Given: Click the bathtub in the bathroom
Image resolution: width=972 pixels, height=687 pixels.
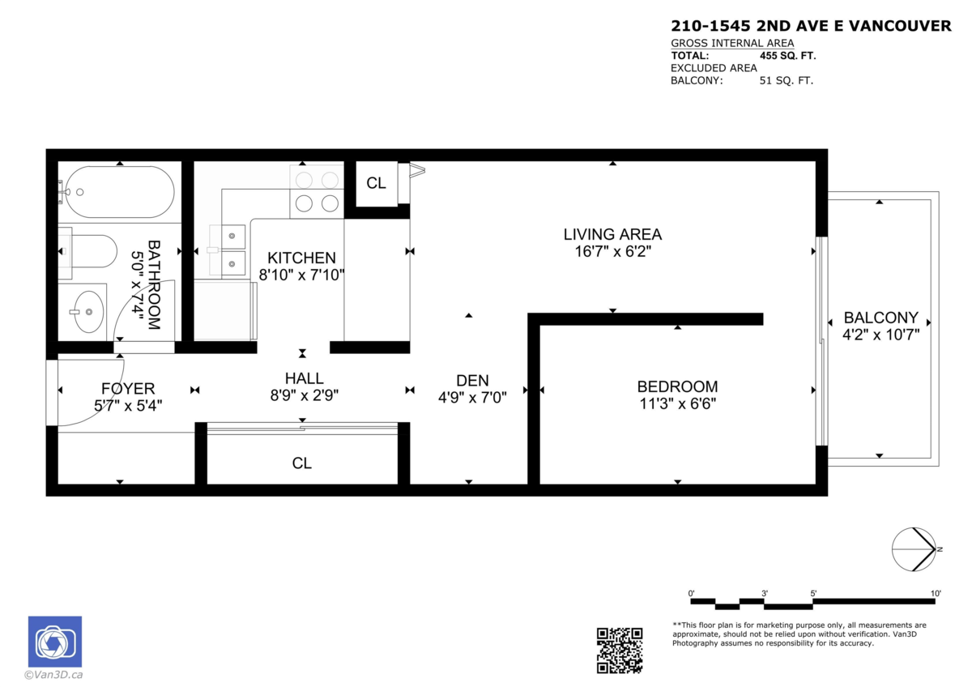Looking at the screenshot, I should (x=118, y=192).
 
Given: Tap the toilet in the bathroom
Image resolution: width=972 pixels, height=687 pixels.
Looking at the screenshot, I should (x=89, y=250).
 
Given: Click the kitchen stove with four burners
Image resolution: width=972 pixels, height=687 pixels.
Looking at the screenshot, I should (x=317, y=191).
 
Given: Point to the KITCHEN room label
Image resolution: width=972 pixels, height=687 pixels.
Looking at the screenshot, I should (x=301, y=258).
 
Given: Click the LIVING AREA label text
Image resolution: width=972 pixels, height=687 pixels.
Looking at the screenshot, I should (x=612, y=234).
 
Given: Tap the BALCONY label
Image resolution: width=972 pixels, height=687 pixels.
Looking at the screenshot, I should (x=880, y=318).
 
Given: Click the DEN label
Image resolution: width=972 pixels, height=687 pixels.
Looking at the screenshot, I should (x=472, y=380).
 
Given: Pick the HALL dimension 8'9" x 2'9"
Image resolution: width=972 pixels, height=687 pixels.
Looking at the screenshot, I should (x=304, y=395).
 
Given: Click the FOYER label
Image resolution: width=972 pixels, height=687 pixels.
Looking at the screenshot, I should (x=127, y=388).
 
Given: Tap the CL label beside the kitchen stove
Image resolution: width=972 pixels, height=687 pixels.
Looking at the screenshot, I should (x=376, y=183).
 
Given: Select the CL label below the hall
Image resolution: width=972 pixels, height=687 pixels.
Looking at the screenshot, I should (x=302, y=463).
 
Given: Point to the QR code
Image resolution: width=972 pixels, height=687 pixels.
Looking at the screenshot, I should (x=620, y=651).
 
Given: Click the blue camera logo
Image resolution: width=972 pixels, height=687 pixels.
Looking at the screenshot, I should (x=55, y=642).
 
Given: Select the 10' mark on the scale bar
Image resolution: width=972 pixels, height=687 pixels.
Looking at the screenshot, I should (x=936, y=594).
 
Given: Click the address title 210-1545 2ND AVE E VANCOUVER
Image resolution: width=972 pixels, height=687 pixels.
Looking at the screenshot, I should (x=811, y=27).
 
